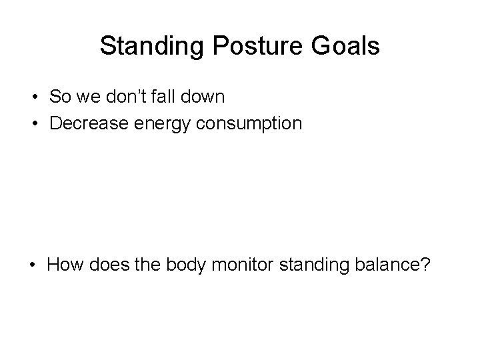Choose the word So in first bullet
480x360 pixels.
(x=59, y=97)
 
